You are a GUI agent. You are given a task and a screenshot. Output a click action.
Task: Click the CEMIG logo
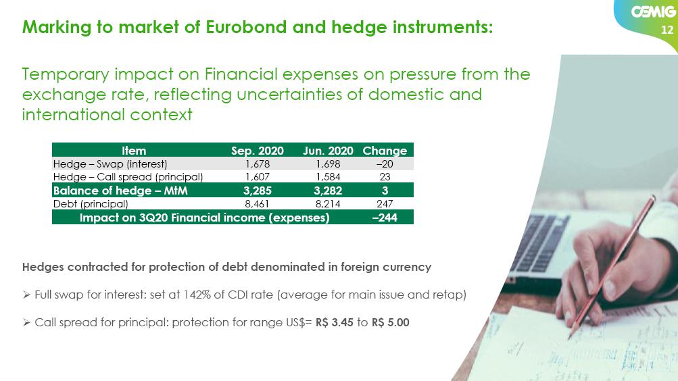pos(654,11)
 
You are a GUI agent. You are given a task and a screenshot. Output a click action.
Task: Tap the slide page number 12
pos(667,30)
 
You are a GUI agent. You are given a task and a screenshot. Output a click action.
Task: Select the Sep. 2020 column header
pos(258,151)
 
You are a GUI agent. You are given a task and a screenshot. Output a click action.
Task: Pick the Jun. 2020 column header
pos(328,151)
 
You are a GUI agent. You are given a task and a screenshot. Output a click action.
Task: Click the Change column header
pos(385,151)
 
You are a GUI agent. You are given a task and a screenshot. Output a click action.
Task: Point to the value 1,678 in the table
pos(258,164)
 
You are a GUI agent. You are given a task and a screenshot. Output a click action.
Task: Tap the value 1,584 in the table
pos(328,177)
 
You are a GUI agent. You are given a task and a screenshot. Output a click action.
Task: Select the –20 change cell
pos(385,164)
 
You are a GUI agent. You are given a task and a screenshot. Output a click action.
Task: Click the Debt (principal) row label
pos(91,204)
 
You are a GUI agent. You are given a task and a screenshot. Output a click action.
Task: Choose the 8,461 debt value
pos(257,204)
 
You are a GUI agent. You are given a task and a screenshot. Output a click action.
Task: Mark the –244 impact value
pos(385,218)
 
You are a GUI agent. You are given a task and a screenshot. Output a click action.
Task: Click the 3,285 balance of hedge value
pos(258,190)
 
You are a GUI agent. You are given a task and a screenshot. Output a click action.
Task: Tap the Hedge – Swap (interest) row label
pos(110,164)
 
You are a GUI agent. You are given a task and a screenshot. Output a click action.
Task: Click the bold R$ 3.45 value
pos(334,322)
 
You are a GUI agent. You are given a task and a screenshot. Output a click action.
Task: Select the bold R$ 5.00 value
pos(391,322)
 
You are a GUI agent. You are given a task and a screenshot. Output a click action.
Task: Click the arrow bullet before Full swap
pos(26,295)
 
